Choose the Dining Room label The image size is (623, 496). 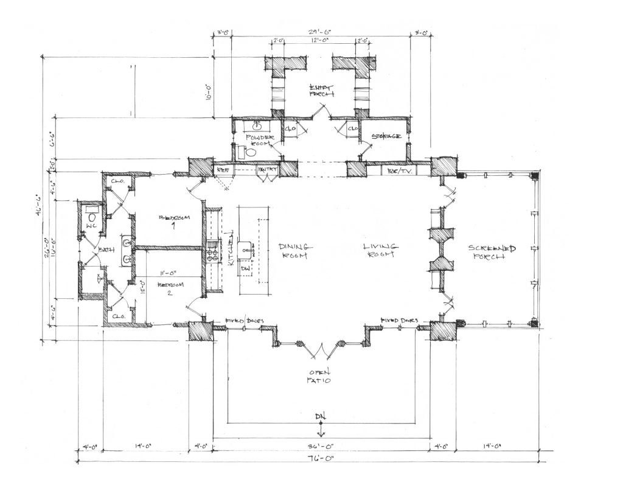pyautogui.click(x=296, y=251)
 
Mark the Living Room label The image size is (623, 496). pyautogui.click(x=380, y=250)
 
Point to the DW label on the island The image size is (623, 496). pyautogui.click(x=246, y=268)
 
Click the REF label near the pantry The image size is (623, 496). pyautogui.click(x=223, y=170)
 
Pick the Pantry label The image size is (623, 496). pyautogui.click(x=267, y=170)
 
